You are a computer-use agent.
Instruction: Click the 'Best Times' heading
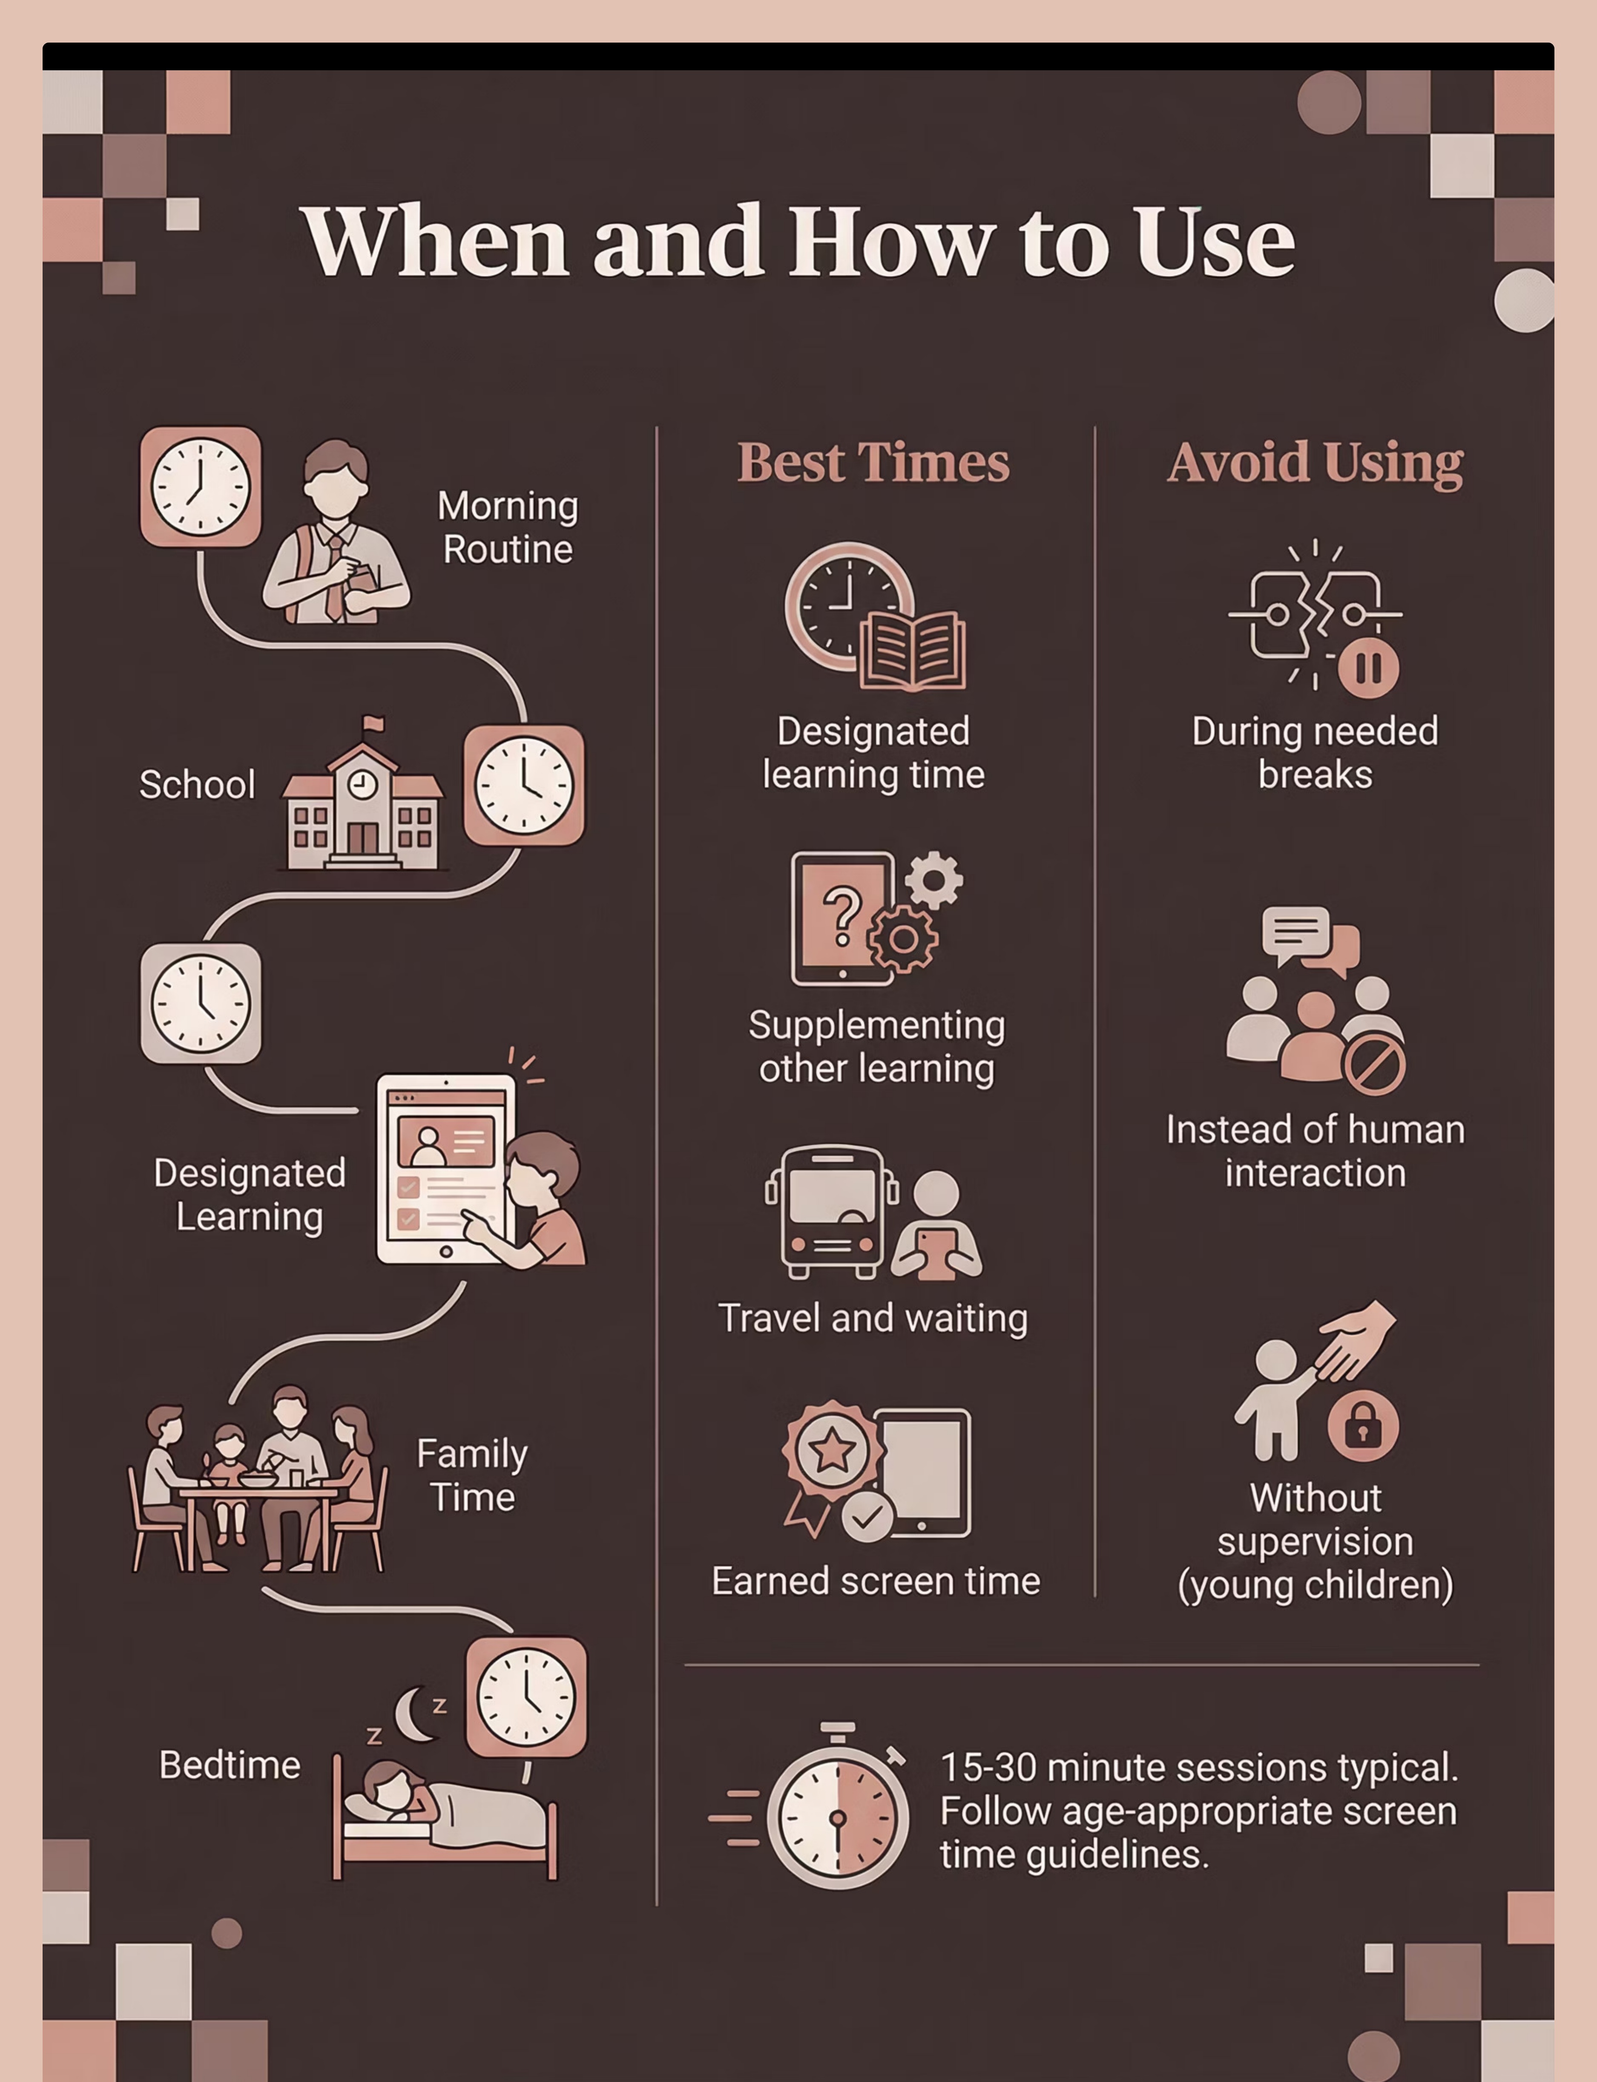[x=873, y=463]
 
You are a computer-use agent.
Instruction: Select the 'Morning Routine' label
[x=508, y=527]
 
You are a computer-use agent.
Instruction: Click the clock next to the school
[x=524, y=785]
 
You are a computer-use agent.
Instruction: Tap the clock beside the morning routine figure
[x=201, y=487]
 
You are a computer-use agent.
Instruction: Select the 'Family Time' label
[x=472, y=1475]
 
